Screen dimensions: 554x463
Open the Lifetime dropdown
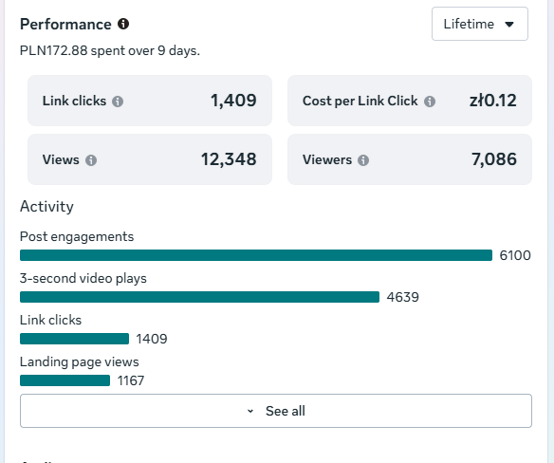(480, 24)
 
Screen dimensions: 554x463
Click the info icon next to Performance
(123, 24)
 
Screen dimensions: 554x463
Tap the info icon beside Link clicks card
(118, 102)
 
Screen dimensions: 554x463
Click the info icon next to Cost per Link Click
(430, 102)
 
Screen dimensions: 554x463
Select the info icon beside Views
(91, 160)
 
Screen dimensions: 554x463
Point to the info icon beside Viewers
(363, 160)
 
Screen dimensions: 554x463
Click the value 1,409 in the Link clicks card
(233, 101)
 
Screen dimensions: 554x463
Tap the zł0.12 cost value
(493, 101)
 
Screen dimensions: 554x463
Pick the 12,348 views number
(229, 159)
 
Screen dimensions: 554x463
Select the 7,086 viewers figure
(494, 159)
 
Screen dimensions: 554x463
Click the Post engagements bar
(256, 255)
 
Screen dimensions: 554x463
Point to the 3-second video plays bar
(199, 297)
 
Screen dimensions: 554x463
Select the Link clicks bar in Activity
(75, 339)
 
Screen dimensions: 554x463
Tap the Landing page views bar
(65, 380)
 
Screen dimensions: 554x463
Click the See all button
(276, 411)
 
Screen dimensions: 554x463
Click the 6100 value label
(515, 255)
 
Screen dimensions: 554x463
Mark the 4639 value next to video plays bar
(403, 297)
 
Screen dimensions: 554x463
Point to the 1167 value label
(131, 380)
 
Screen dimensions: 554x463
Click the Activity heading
(46, 207)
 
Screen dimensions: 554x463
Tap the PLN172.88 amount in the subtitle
(54, 50)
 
